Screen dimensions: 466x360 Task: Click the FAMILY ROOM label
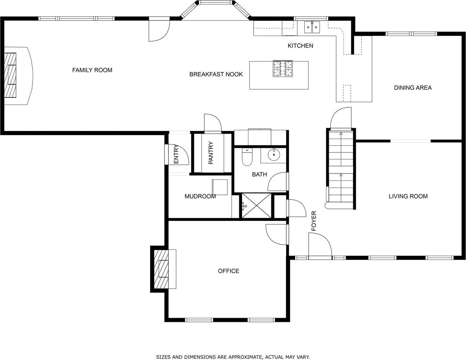92,70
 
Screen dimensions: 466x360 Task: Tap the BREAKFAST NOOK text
216,74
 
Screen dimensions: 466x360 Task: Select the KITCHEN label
300,46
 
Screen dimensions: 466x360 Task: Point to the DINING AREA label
413,87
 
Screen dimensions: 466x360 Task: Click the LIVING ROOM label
408,196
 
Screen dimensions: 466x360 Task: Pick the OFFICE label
228,271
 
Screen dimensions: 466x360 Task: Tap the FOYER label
314,221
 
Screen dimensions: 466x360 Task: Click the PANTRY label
211,153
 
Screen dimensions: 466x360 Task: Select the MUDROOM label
200,196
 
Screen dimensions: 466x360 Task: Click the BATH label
259,175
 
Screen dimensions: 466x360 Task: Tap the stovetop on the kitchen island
282,68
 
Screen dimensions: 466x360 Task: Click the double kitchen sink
312,27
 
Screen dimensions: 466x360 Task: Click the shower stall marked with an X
257,205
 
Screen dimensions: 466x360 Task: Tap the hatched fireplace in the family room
10,75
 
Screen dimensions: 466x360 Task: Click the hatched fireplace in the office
161,269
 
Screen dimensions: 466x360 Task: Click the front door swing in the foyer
320,244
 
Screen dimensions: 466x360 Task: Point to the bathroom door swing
277,182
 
